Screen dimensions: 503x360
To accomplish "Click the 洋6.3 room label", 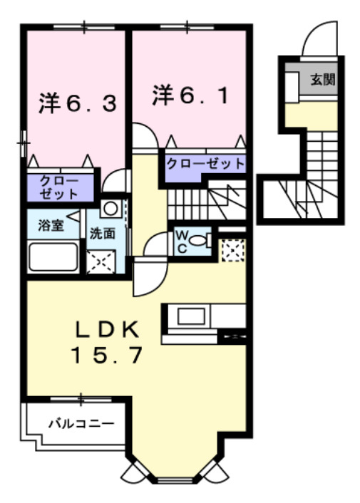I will point(76,103).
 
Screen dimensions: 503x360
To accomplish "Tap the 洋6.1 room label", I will point(190,95).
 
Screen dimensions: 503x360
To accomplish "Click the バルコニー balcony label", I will point(81,423).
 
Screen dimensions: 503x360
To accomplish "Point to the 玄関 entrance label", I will point(322,78).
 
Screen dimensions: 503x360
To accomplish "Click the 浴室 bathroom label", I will point(50,227).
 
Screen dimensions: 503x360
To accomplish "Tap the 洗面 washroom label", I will point(103,233).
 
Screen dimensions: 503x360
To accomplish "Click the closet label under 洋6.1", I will point(205,163).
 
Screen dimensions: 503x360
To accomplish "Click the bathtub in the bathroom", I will point(53,256).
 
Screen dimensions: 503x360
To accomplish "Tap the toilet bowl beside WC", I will point(202,241).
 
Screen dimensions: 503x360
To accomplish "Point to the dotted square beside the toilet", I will point(232,250).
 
